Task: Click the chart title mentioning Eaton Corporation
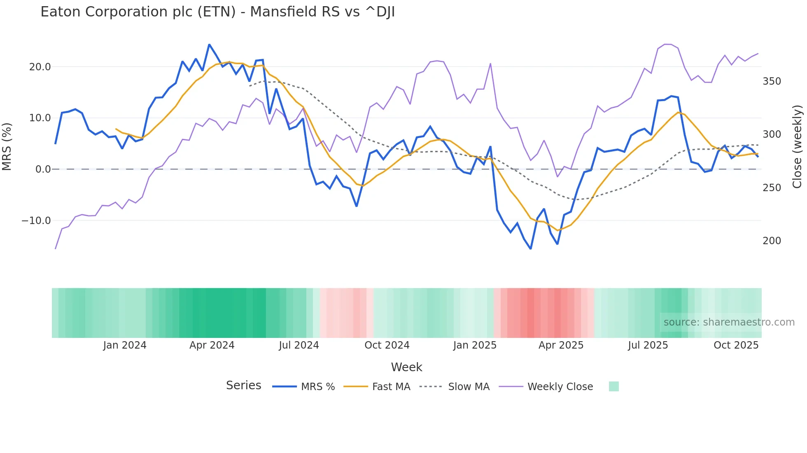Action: [217, 12]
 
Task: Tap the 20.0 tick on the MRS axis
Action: [40, 67]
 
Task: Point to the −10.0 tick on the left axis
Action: [36, 220]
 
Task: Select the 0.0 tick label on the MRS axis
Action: [43, 169]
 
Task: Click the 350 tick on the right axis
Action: [772, 81]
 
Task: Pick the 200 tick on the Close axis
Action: [772, 241]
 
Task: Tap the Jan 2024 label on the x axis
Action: [124, 345]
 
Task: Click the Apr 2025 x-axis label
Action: [561, 345]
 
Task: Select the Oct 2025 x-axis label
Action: [736, 345]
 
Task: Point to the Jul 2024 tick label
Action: [299, 345]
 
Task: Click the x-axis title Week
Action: [406, 367]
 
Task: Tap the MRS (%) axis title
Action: [7, 146]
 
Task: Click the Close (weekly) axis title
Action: [798, 146]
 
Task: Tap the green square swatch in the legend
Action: [613, 386]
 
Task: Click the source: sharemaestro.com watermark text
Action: [729, 322]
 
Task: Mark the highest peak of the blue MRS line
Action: [209, 44]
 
